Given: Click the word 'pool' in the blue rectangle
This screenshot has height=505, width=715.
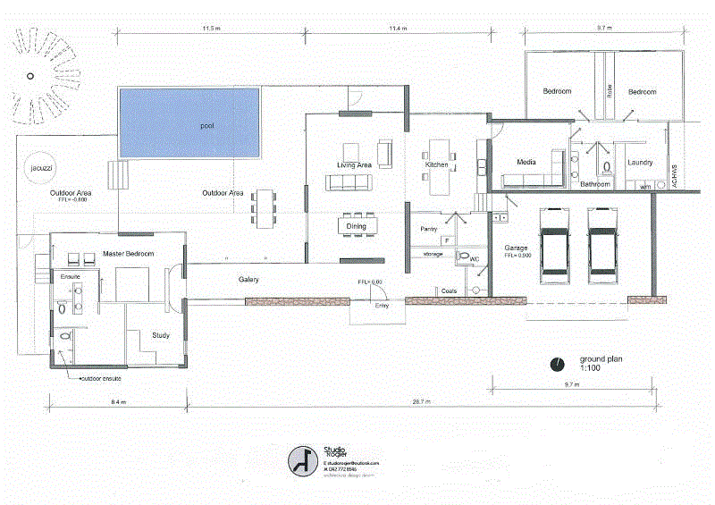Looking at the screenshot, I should click(x=206, y=125).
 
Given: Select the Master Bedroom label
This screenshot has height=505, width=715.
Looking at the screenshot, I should click(x=129, y=255).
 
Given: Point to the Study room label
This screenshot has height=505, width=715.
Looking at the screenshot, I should click(x=161, y=336).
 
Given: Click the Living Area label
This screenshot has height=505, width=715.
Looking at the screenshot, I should click(x=354, y=165).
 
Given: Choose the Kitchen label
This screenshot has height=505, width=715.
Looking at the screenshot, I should click(x=436, y=165).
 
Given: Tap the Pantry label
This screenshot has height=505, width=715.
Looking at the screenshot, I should click(x=427, y=230).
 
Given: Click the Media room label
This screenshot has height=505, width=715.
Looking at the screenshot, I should click(x=526, y=162).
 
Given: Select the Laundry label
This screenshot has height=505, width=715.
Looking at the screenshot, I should click(x=640, y=163).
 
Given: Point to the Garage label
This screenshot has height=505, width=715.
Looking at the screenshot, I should click(x=517, y=247).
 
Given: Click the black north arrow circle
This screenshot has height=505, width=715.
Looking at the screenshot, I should click(x=558, y=363).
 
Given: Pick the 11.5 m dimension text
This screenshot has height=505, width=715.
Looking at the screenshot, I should click(x=211, y=29).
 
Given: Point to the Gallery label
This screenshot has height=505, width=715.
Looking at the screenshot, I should click(x=248, y=280).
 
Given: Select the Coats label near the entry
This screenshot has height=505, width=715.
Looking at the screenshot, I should click(x=450, y=291).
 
